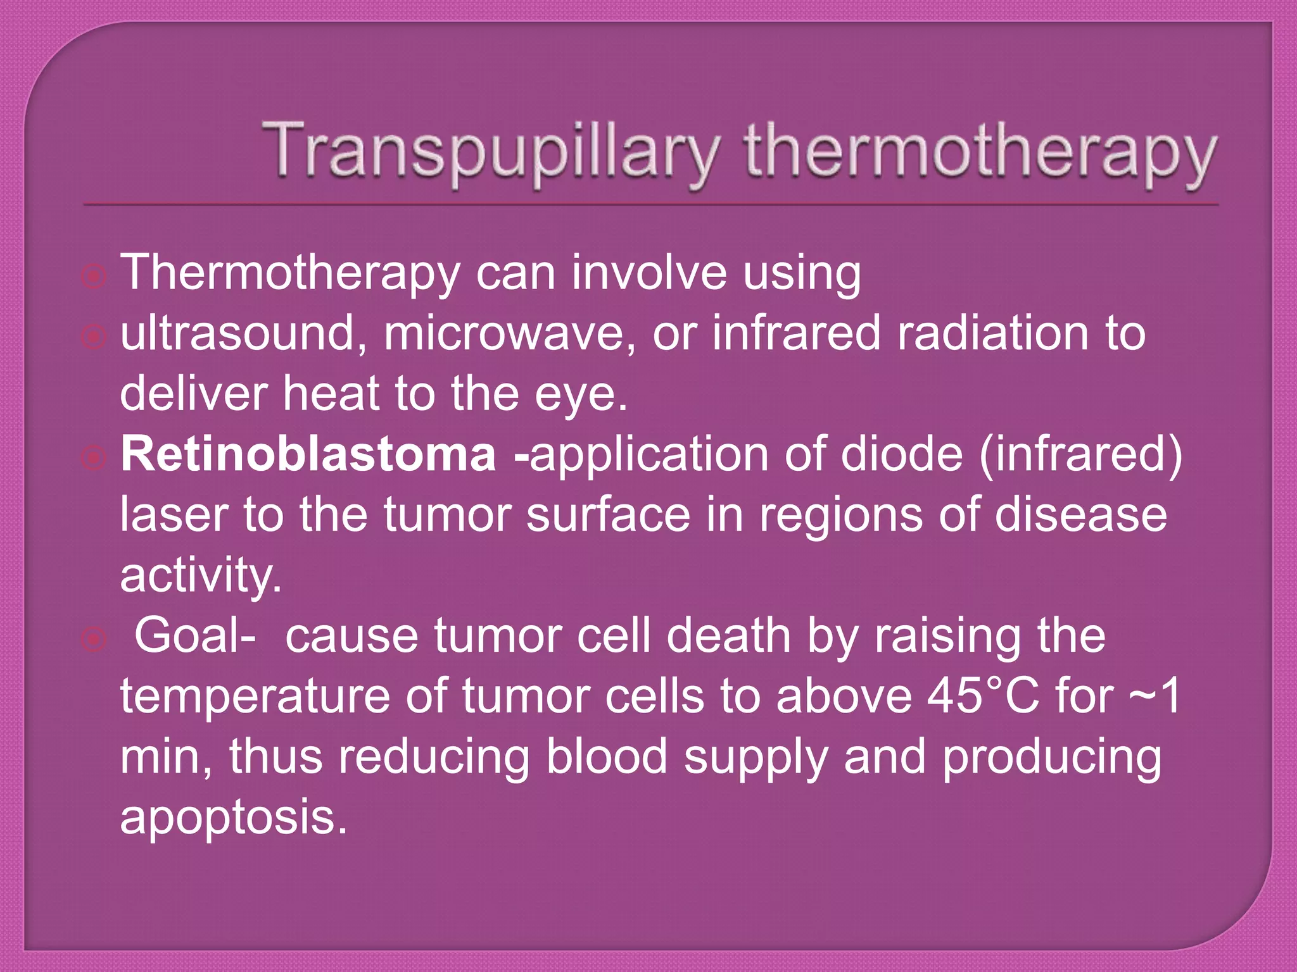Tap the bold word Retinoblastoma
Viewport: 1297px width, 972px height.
[x=308, y=454]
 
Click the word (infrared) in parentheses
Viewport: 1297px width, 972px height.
[x=1080, y=454]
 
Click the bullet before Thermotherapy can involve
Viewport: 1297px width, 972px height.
[x=94, y=277]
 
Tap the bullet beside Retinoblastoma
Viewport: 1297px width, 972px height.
[x=94, y=458]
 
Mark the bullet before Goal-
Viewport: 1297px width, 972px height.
[x=94, y=639]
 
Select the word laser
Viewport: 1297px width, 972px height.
[x=174, y=515]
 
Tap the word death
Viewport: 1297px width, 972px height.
[x=728, y=636]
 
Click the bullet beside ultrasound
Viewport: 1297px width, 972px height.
[x=94, y=337]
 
